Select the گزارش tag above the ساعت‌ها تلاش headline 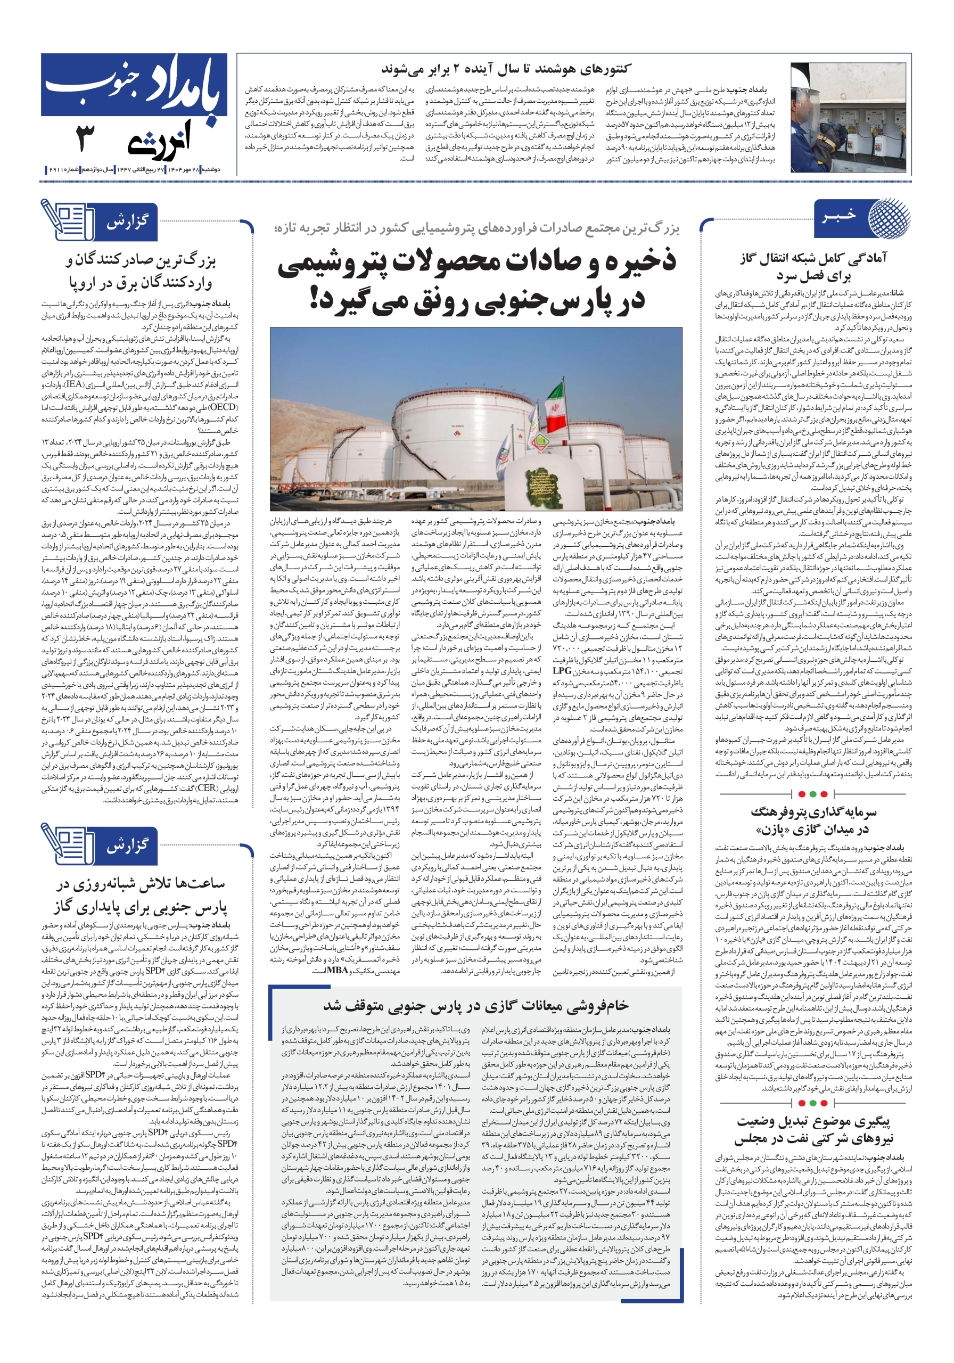point(127,845)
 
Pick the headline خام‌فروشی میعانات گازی point(475,1005)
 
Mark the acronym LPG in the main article point(562,670)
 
